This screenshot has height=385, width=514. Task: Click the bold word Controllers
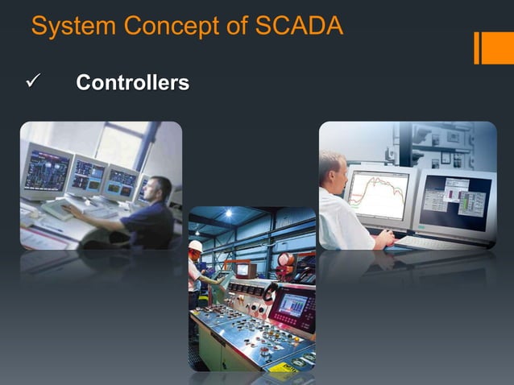(x=132, y=83)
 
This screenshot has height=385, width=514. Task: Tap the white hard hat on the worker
(x=195, y=246)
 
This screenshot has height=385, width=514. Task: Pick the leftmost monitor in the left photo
(x=47, y=172)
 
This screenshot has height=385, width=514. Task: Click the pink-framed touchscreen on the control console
(x=292, y=306)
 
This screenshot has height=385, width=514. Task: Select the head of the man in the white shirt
(x=331, y=168)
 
